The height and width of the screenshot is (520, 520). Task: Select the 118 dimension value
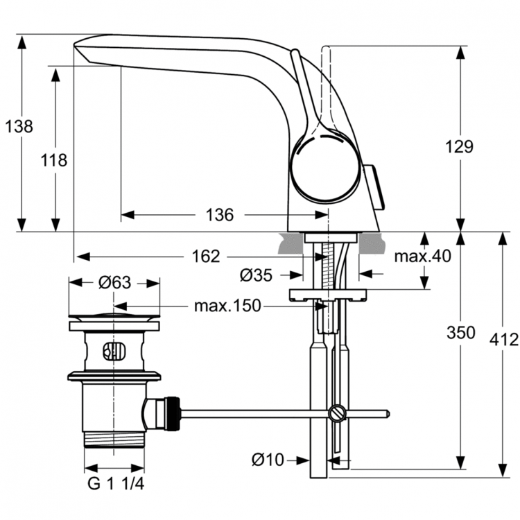click(54, 160)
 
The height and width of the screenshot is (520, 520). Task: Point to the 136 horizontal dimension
click(220, 215)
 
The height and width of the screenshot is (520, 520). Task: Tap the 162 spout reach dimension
click(205, 257)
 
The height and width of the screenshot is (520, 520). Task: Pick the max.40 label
click(422, 256)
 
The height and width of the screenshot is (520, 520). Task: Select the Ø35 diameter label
click(256, 275)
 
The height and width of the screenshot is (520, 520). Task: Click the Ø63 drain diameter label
click(114, 282)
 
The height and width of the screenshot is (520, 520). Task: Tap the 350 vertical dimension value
click(461, 332)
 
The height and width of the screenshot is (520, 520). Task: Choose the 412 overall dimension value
click(503, 340)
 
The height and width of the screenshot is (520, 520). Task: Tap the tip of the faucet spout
click(78, 46)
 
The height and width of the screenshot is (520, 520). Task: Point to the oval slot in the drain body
click(114, 351)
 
